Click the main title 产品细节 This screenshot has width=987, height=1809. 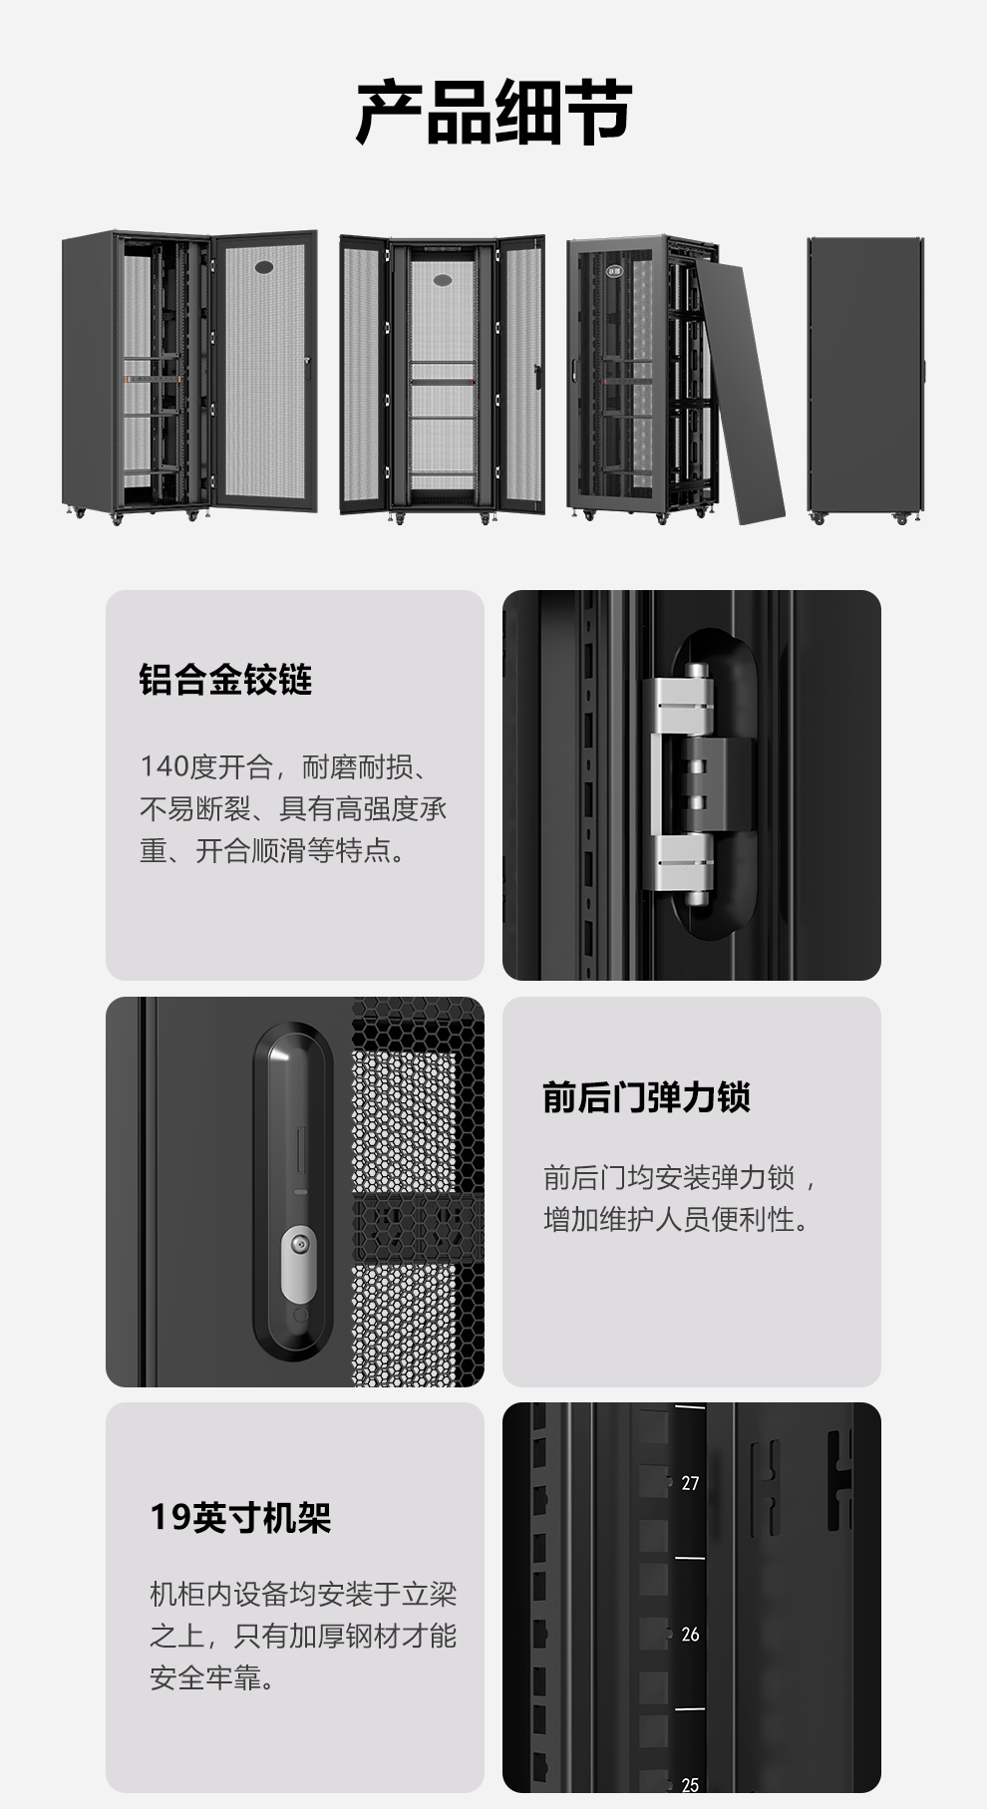point(493,113)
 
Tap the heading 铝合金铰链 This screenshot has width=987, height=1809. point(225,680)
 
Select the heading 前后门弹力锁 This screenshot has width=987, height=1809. point(646,1096)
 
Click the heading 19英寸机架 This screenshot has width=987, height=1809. point(240,1517)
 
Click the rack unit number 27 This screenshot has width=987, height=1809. point(690,1483)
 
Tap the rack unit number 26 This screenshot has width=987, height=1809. point(690,1635)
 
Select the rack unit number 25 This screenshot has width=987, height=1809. point(690,1785)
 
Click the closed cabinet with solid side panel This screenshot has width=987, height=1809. point(865,380)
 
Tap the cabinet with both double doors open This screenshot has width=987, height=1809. point(442,378)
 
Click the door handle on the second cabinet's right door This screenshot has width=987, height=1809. point(538,377)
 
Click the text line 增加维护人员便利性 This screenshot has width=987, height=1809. point(678,1219)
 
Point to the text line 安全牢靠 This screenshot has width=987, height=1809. point(212,1678)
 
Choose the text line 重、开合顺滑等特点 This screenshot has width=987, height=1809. point(273,850)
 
